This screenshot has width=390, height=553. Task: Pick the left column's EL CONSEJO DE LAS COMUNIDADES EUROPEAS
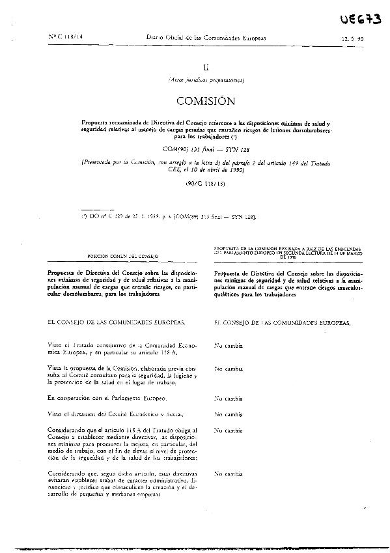[112, 322]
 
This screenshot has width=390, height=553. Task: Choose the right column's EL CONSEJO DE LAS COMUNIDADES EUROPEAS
[282, 322]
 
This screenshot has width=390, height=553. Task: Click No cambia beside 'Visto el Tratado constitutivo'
[229, 347]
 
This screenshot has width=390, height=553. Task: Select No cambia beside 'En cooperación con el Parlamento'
[229, 397]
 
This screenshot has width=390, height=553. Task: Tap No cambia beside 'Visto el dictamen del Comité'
[229, 414]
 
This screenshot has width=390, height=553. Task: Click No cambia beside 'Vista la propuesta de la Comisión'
[229, 368]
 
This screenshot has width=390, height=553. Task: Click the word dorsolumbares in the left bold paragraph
[74, 294]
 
